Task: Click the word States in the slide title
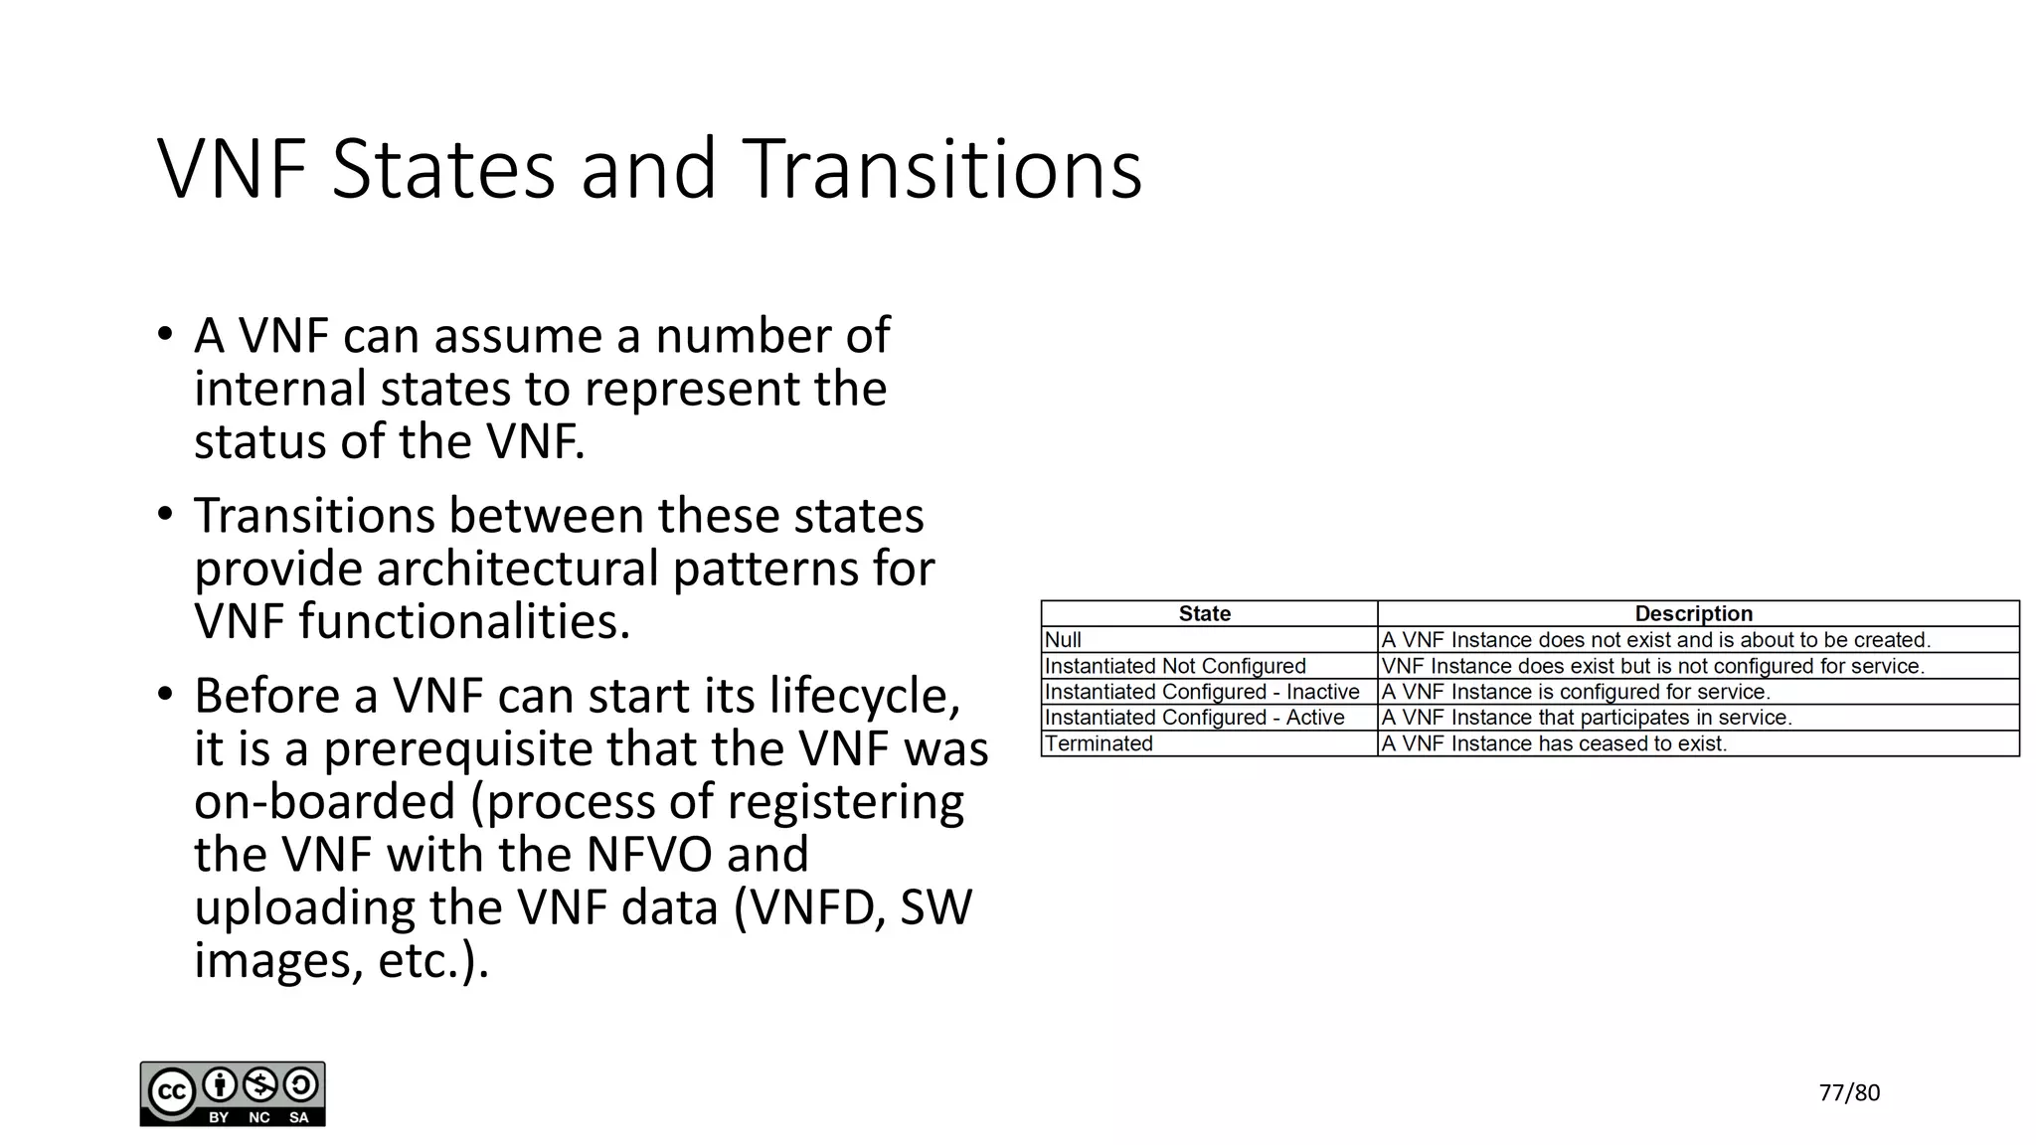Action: click(x=442, y=169)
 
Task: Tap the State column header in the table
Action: click(x=1204, y=613)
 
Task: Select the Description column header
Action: click(x=1693, y=613)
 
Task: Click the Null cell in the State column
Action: click(x=1063, y=640)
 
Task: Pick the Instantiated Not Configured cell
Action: click(x=1175, y=666)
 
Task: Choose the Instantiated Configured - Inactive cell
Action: click(x=1202, y=692)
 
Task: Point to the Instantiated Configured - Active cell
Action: click(x=1194, y=718)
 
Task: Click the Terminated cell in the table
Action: click(x=1099, y=743)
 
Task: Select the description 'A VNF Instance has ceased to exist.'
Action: click(x=1554, y=743)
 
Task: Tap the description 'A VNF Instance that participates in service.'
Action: click(x=1587, y=718)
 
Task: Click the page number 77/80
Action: click(x=1849, y=1092)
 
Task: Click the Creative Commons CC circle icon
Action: click(x=171, y=1091)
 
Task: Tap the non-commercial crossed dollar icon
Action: click(x=260, y=1084)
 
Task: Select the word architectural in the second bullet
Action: click(x=517, y=569)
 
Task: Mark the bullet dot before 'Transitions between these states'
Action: click(x=165, y=515)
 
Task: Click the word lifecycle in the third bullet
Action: click(x=864, y=696)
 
